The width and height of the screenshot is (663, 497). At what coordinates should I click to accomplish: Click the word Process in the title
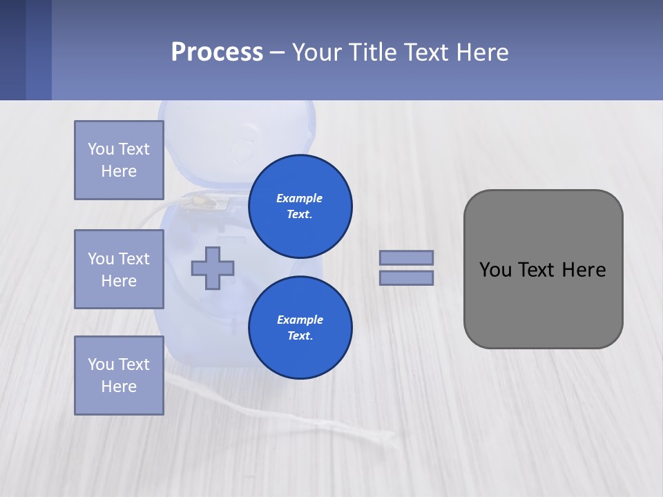(x=217, y=52)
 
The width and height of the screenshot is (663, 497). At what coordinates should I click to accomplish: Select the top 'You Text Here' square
(x=119, y=160)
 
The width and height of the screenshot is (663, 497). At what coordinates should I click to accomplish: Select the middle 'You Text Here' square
(x=119, y=269)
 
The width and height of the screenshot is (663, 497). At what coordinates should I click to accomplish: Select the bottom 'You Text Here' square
(x=119, y=376)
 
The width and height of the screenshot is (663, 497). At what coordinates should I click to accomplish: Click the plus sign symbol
(x=213, y=268)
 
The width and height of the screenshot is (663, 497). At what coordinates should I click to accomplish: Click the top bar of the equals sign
(x=407, y=257)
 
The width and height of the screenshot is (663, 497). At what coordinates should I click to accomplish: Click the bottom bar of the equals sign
(x=407, y=278)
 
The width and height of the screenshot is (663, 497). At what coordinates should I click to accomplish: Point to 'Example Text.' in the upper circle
(x=300, y=206)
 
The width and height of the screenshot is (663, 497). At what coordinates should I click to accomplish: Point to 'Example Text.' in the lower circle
(x=300, y=328)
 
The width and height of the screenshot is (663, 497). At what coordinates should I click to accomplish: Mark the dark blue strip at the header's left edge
(x=12, y=50)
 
